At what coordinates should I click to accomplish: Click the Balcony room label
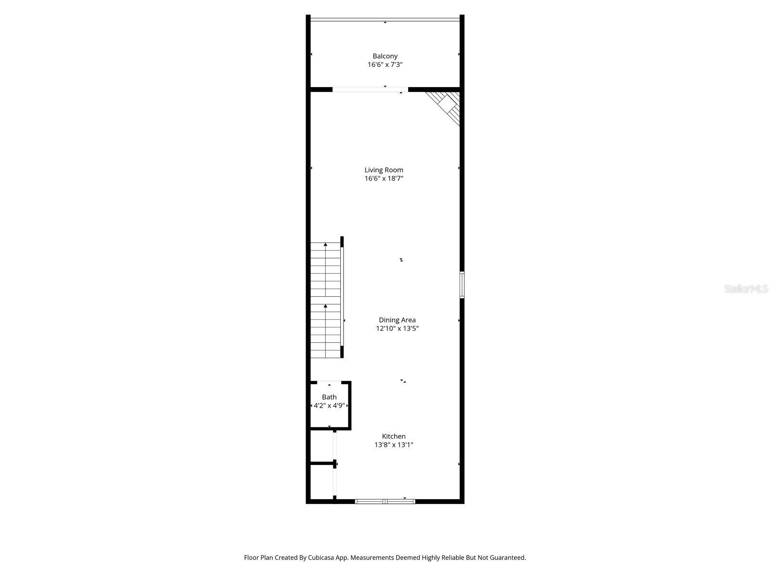[385, 56]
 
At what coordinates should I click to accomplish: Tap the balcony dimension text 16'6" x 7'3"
[385, 64]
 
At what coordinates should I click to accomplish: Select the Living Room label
[384, 170]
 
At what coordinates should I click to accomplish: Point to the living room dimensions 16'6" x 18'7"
[384, 178]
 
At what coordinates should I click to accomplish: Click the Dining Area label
[397, 320]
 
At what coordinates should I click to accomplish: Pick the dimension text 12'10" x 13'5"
[397, 328]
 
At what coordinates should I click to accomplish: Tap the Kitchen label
[394, 436]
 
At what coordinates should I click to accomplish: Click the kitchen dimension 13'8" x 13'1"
[394, 445]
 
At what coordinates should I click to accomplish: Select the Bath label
[329, 397]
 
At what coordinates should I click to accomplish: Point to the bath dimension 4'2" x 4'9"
[329, 405]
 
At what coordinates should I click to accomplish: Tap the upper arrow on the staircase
[326, 245]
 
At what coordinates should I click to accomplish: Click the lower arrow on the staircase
[326, 306]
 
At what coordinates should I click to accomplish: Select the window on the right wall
[462, 285]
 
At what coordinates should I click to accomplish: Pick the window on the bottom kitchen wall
[385, 502]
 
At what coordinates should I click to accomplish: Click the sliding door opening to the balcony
[370, 89]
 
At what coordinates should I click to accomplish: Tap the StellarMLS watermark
[746, 289]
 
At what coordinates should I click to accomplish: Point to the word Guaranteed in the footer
[507, 558]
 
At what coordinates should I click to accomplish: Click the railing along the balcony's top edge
[385, 19]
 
